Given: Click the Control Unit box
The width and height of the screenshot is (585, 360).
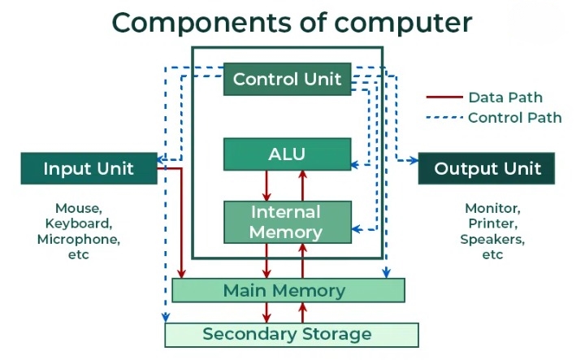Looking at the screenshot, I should click(x=288, y=80).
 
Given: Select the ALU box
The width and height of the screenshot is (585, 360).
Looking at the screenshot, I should click(x=287, y=154).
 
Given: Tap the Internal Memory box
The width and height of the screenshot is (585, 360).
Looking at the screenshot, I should click(x=287, y=222).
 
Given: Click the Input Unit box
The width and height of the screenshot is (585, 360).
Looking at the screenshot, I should click(x=89, y=169).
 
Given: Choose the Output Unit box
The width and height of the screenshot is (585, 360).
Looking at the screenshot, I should click(x=486, y=169).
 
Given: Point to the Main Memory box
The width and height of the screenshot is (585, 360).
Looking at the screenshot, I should click(x=288, y=290).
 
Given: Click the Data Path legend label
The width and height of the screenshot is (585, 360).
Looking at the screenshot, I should click(x=505, y=98).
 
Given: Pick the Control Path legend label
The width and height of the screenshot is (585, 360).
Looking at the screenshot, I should click(x=514, y=117).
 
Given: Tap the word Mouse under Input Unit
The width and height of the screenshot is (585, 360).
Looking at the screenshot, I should click(x=78, y=208).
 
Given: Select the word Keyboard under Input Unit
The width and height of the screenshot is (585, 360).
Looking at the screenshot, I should click(x=78, y=223).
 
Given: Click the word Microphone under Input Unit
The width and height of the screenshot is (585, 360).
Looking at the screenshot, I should click(x=78, y=239).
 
